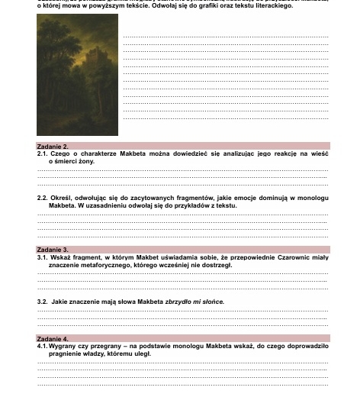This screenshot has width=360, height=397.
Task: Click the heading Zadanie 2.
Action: coord(53,146)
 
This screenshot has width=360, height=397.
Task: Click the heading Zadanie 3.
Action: coord(53,250)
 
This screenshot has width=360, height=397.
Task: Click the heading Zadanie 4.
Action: coord(53,338)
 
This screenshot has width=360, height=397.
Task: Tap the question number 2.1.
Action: coord(43,153)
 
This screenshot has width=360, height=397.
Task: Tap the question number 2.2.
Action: coord(43,198)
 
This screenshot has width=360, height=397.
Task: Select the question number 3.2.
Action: coord(43,302)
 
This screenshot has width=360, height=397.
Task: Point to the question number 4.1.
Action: coord(43,346)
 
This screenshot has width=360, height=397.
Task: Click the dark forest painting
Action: coord(77,75)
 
